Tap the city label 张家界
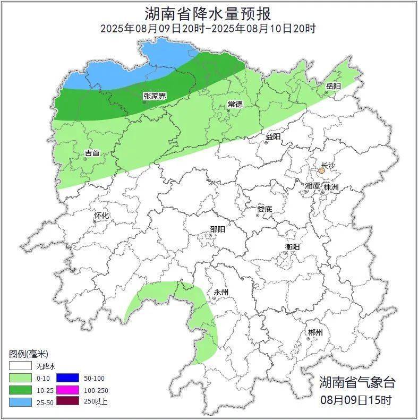point(155,96)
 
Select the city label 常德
point(235,104)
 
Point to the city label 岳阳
point(333,86)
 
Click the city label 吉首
point(92,153)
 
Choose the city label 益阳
point(273,136)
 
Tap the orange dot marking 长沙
point(321,171)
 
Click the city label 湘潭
point(312,186)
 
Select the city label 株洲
point(331,187)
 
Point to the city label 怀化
point(101,216)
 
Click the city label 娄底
point(265,209)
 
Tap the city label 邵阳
point(217,229)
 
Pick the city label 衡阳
point(292,247)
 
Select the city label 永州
point(221,292)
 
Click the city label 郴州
point(315,332)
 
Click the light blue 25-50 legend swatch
point(20,401)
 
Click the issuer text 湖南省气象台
point(357,382)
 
